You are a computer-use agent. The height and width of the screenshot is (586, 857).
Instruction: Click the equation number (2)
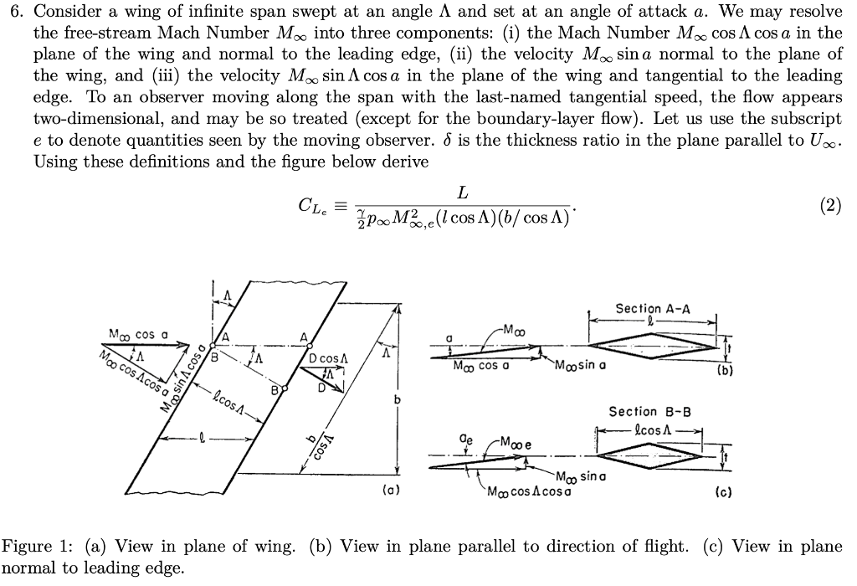click(x=831, y=205)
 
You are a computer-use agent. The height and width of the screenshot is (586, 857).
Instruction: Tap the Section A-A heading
click(x=653, y=308)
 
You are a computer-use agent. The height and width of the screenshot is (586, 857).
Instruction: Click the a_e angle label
click(x=470, y=437)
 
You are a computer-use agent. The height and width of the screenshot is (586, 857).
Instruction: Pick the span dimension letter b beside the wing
click(x=398, y=400)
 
